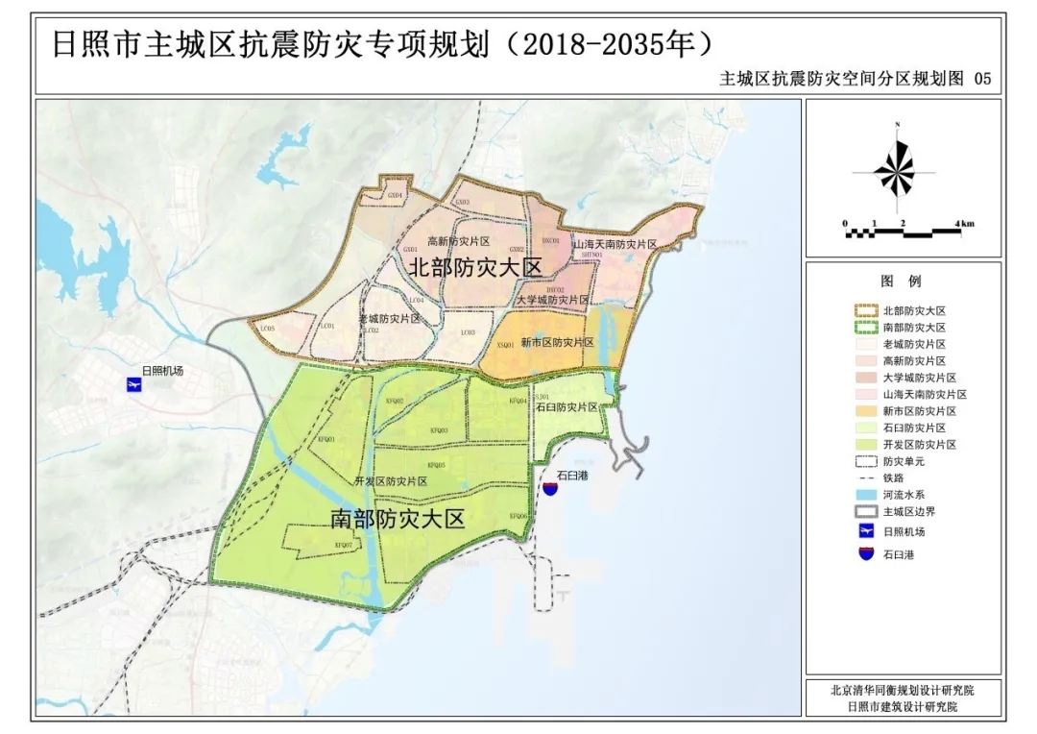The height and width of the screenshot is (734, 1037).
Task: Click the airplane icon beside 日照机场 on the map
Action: click(x=133, y=385)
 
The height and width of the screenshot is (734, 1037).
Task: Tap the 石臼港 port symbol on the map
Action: click(x=550, y=488)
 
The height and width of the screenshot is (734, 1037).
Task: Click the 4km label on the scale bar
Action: click(x=964, y=223)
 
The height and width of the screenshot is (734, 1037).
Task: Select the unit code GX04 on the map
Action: click(x=395, y=194)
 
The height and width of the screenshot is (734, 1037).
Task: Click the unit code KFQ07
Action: click(x=344, y=545)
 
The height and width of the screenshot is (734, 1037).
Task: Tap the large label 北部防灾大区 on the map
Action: click(x=476, y=268)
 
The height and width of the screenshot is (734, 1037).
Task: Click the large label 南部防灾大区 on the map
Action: click(x=397, y=520)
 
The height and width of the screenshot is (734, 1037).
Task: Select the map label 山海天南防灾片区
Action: click(x=615, y=245)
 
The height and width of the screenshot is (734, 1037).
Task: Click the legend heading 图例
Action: click(x=901, y=281)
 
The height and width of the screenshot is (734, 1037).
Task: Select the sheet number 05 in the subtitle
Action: click(x=981, y=80)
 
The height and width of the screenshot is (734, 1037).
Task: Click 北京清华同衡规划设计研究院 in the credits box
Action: click(x=902, y=690)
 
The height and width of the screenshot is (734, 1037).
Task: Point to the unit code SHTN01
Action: click(x=592, y=255)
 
